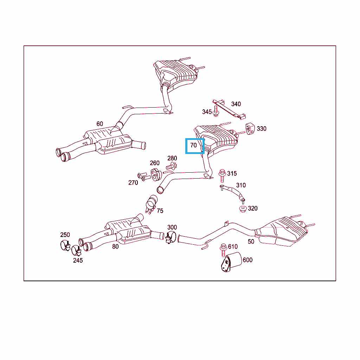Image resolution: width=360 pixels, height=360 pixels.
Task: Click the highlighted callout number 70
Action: [x=194, y=145]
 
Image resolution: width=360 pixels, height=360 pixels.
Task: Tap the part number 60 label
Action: [x=100, y=124]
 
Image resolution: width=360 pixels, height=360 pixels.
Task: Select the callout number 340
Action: [x=236, y=104]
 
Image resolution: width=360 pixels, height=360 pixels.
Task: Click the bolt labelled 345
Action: [x=216, y=113]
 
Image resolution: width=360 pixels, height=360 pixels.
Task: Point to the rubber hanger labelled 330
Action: [x=250, y=128]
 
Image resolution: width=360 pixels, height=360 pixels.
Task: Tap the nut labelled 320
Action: [x=243, y=208]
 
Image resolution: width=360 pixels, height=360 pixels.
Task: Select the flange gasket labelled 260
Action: [x=155, y=173]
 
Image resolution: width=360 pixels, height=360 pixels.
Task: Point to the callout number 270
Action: [x=133, y=183]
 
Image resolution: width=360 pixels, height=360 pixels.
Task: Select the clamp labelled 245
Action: [x=76, y=250]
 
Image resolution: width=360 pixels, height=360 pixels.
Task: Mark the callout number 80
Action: [x=115, y=247]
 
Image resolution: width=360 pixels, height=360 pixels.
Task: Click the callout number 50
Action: [x=251, y=242]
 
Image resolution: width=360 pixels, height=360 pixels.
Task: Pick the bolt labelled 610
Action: [x=223, y=249]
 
